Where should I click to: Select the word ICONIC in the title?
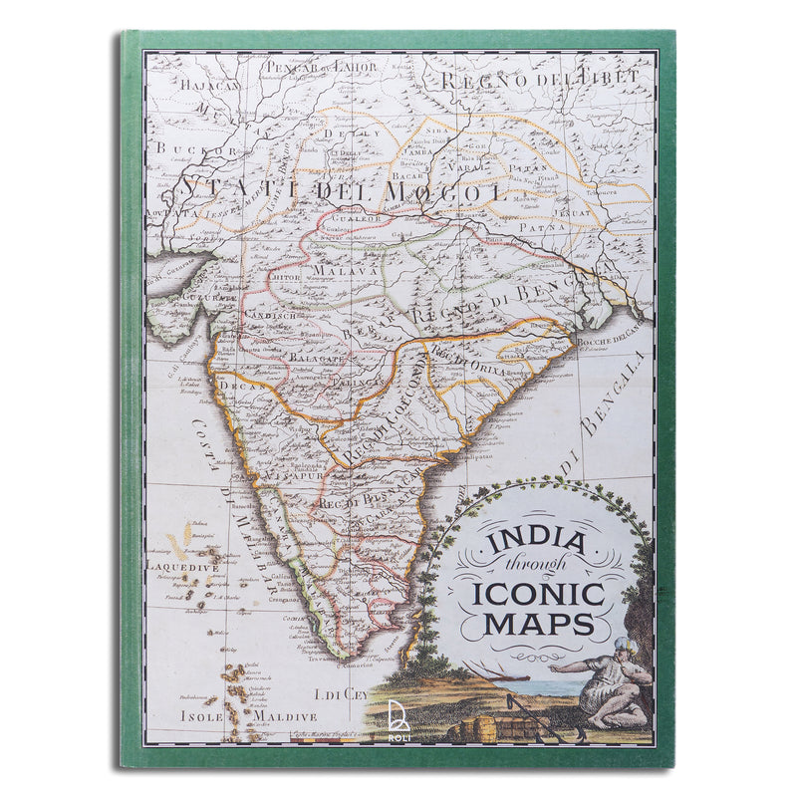[x=539, y=596]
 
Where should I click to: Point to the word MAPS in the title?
[x=539, y=625]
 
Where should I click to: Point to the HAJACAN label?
[x=211, y=85]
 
